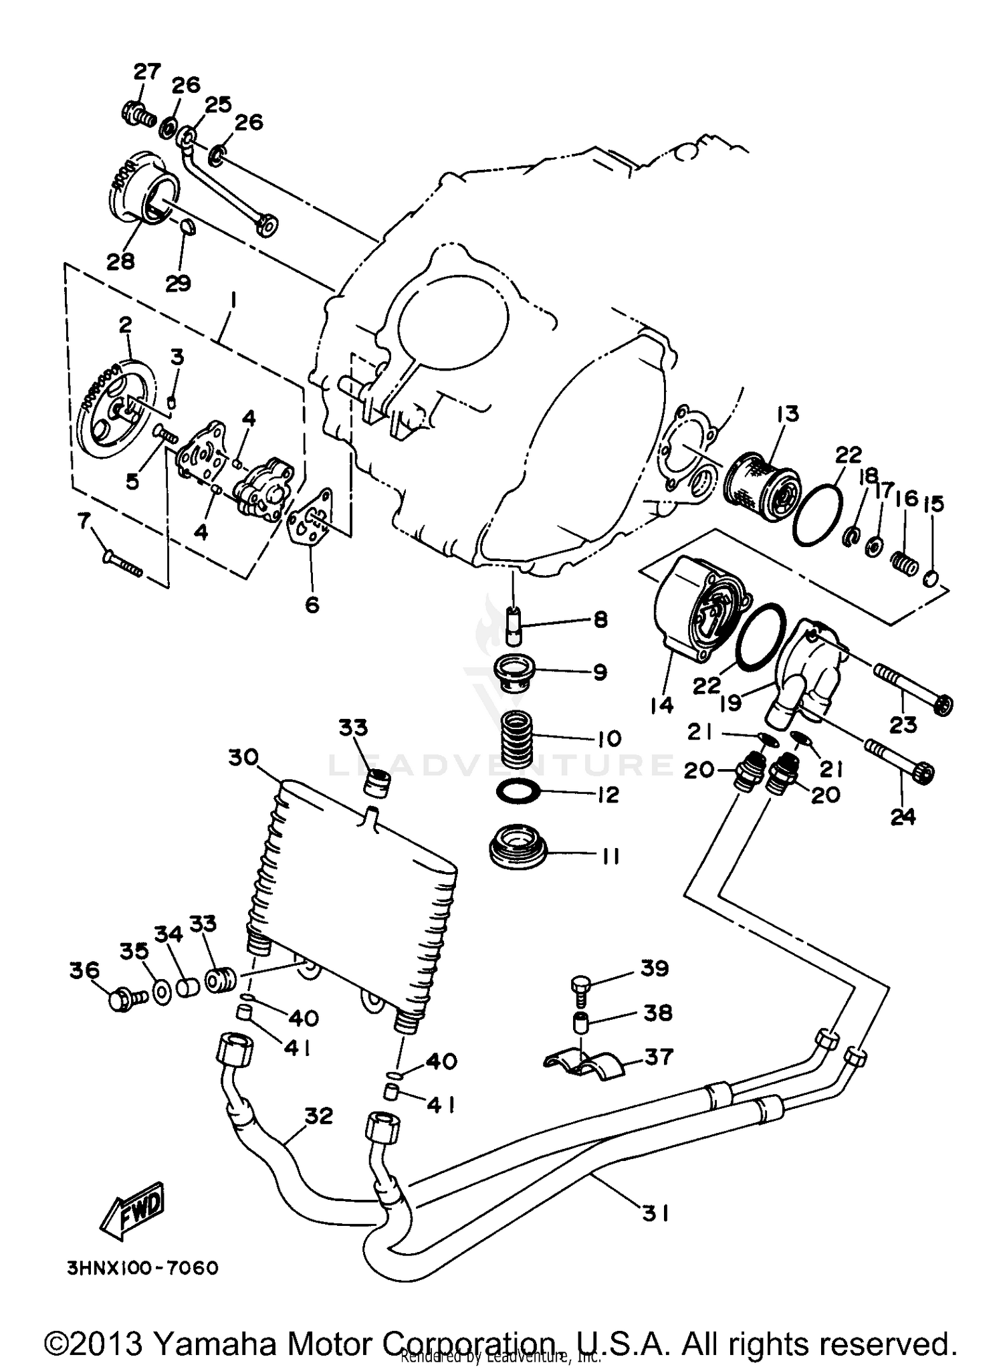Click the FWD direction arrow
[x=133, y=1211]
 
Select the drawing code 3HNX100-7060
[x=142, y=1268]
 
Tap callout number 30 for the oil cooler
[x=243, y=758]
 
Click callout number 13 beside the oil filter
[x=788, y=414]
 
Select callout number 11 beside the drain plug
[x=608, y=856]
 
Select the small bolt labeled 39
[x=580, y=991]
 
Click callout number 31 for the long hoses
[x=655, y=1213]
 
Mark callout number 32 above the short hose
[x=318, y=1116]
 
